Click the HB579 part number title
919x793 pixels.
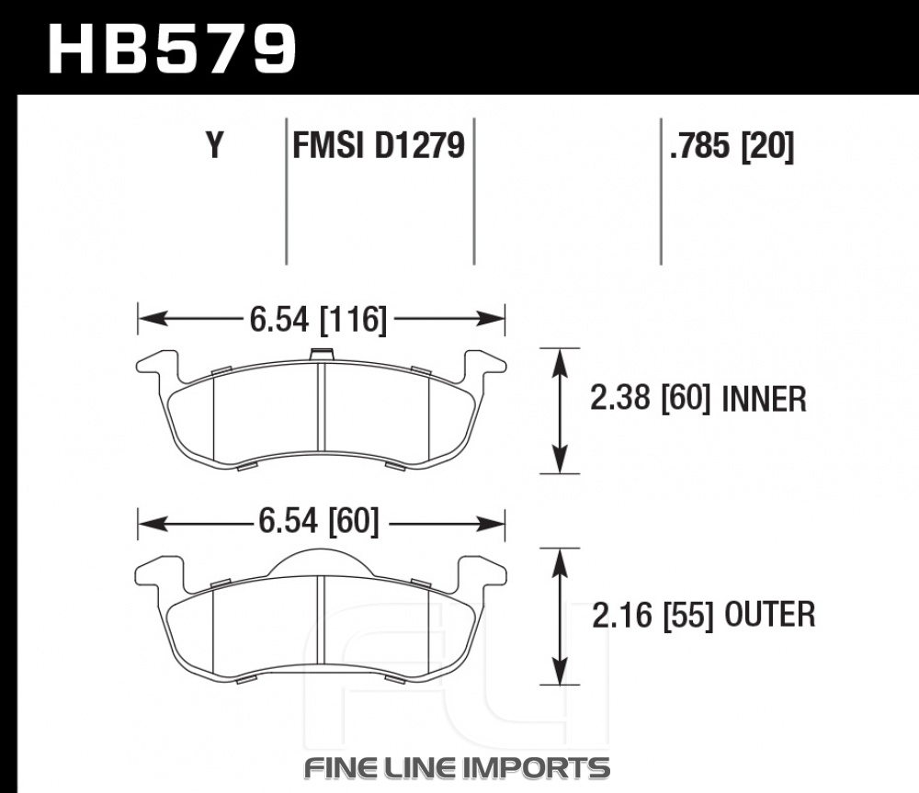click(172, 50)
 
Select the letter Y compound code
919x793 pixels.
click(215, 145)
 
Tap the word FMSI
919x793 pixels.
click(328, 145)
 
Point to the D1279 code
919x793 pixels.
click(420, 145)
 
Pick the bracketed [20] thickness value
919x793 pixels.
click(767, 146)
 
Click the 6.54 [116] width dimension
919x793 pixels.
click(318, 320)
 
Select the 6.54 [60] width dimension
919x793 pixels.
click(318, 521)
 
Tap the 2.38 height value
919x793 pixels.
click(620, 399)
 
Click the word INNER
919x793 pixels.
click(765, 399)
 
